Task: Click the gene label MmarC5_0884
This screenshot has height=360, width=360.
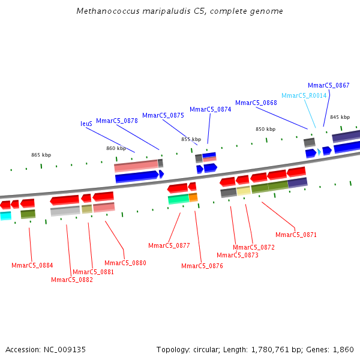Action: click(x=32, y=265)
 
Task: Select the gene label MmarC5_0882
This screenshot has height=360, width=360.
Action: click(x=72, y=280)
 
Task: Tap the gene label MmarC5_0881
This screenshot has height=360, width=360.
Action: click(x=93, y=272)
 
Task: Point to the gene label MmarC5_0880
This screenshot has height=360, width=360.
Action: click(x=125, y=263)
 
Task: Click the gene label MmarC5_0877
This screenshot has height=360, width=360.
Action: click(x=169, y=245)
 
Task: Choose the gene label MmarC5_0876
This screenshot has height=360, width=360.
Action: click(x=202, y=266)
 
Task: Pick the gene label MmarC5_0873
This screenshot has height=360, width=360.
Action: click(x=238, y=255)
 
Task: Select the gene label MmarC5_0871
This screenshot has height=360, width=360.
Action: click(x=296, y=235)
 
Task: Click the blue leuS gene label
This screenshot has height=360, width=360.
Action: click(x=86, y=124)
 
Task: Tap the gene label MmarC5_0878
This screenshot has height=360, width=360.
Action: click(x=117, y=121)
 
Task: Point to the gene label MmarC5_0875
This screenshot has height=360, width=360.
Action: click(x=163, y=115)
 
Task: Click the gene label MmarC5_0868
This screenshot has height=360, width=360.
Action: click(x=256, y=103)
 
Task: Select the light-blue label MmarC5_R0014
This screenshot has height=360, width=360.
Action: click(x=304, y=95)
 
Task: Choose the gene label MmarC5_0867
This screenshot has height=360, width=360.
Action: click(x=329, y=85)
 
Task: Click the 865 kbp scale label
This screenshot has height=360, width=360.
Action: click(x=41, y=155)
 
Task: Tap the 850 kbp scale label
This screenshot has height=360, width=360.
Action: click(x=265, y=129)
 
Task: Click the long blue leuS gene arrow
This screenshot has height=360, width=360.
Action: click(x=136, y=176)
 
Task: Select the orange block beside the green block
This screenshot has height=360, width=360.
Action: click(x=193, y=197)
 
